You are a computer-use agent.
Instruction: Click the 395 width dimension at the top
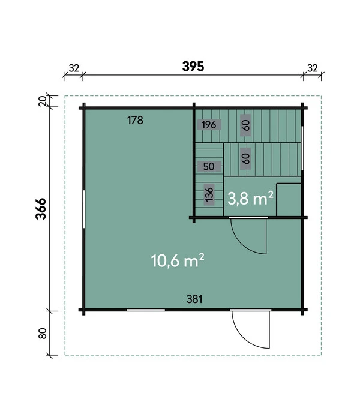(x=193, y=67)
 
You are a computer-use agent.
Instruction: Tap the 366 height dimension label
(x=41, y=209)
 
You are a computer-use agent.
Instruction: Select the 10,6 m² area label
(x=178, y=260)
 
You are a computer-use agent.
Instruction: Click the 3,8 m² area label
(x=250, y=199)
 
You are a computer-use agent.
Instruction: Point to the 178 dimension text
(x=135, y=120)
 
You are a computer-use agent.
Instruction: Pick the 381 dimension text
(x=194, y=299)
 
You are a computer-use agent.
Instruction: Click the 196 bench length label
(x=209, y=125)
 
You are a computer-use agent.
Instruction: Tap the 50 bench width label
(x=209, y=166)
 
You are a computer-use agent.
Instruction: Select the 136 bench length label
(x=209, y=194)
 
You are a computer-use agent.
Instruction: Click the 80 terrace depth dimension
(x=43, y=334)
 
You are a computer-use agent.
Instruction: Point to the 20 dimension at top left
(x=43, y=101)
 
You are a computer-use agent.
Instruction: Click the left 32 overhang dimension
(x=74, y=68)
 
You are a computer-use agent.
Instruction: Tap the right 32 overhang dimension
(x=313, y=68)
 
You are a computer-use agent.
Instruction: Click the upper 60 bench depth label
(x=245, y=125)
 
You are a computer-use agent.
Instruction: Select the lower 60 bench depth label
(x=245, y=158)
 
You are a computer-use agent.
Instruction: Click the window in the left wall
(x=84, y=209)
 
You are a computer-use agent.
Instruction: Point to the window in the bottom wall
(x=146, y=310)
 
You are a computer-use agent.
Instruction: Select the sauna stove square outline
(x=289, y=200)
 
